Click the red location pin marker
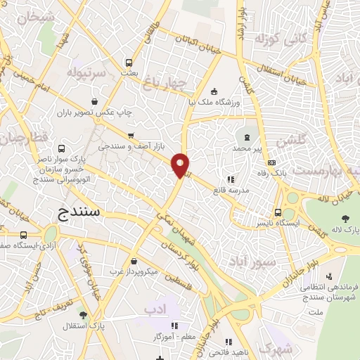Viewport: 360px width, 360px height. (181, 165)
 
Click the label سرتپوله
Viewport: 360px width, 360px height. (86, 72)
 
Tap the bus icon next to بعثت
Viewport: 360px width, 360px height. (128, 62)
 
